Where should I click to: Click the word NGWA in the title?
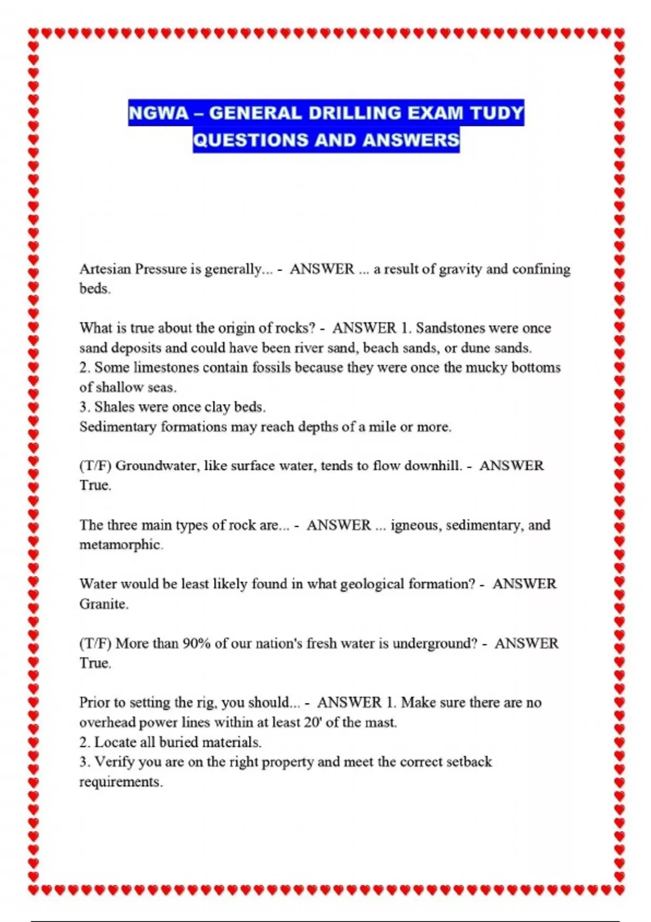(x=158, y=113)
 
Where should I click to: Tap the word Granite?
(x=103, y=604)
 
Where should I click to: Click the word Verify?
(x=114, y=762)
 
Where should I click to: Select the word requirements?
(x=120, y=782)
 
